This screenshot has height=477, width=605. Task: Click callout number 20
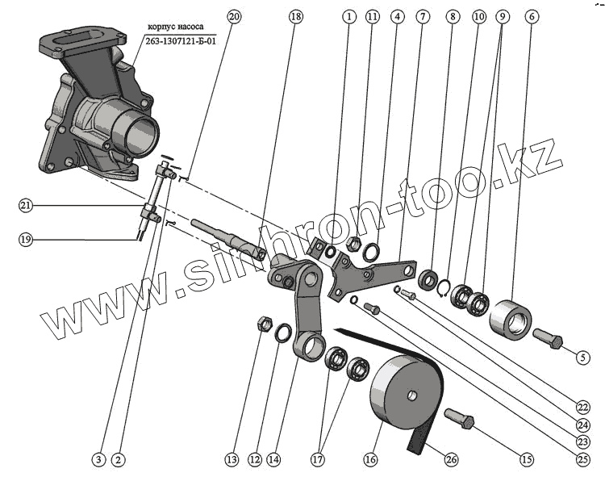coord(234,16)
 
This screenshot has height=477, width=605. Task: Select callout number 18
coord(295,16)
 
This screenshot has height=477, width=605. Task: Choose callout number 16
coord(370,459)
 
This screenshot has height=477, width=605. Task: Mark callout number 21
coord(26,207)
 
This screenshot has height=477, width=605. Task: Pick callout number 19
coord(26,238)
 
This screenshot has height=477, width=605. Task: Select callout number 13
coord(232,459)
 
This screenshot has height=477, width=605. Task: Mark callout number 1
coord(348,16)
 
